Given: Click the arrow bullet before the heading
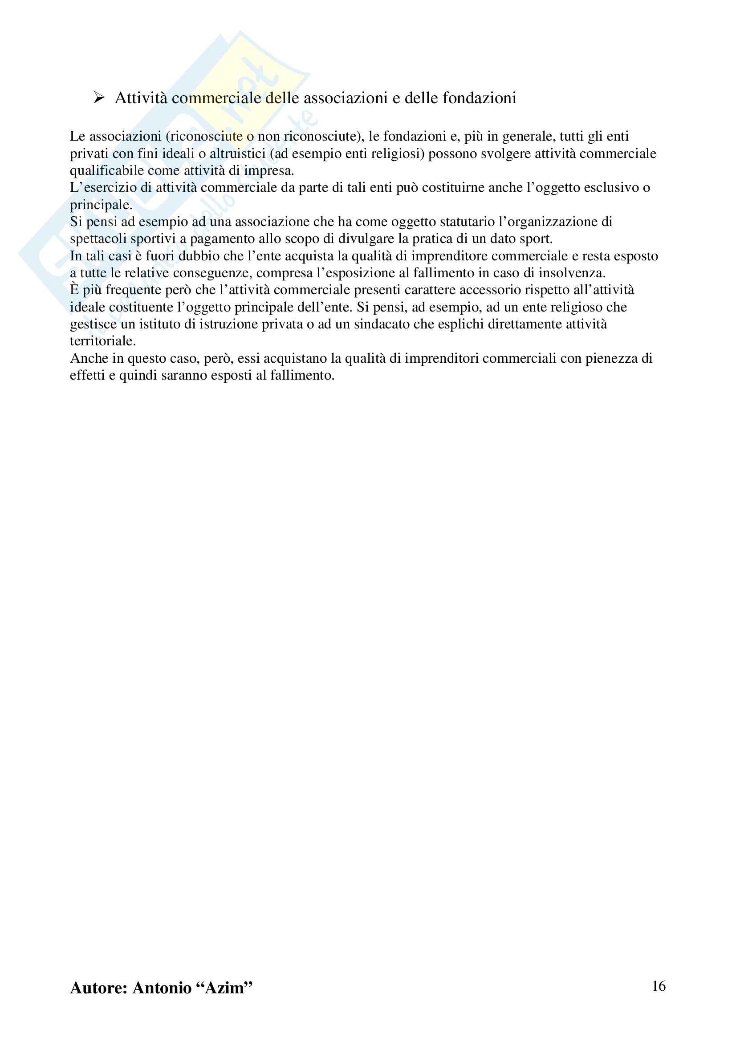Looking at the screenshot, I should tap(99, 97).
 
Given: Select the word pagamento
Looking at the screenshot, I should tap(216, 239).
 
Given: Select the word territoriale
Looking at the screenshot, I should tap(102, 341).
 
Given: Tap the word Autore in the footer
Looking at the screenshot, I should tap(95, 988).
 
